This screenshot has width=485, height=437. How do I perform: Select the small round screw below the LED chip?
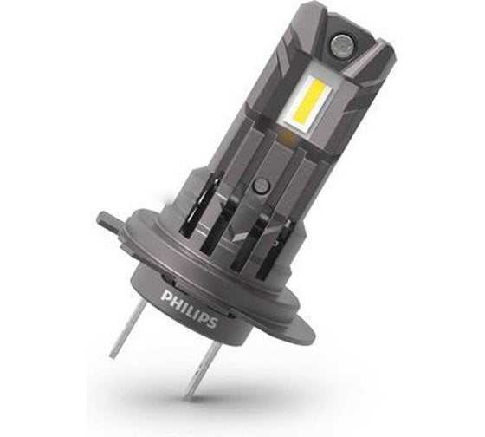[259, 186]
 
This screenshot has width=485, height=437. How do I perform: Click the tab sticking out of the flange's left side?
[105, 220]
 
